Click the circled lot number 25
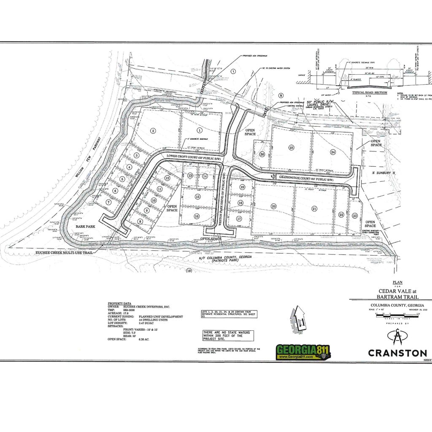(x=291, y=147)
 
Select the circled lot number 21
(x=314, y=208)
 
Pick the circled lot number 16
(x=196, y=216)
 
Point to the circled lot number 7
(x=108, y=202)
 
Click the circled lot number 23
(x=355, y=216)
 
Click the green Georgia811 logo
(x=303, y=351)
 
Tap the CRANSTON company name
(x=397, y=353)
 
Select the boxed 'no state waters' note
(x=228, y=335)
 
